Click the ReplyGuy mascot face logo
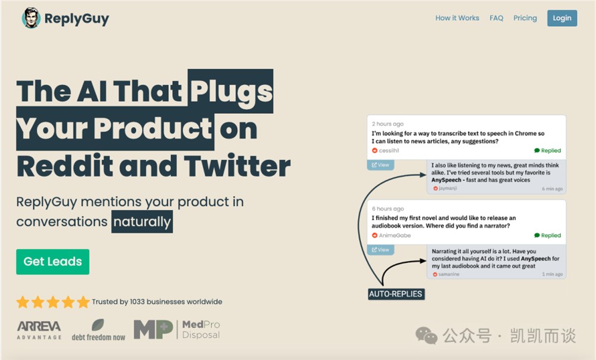(31, 18)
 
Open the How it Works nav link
(457, 18)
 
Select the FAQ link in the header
(496, 18)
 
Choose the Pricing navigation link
(525, 18)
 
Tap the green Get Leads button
(52, 262)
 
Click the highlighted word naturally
(142, 222)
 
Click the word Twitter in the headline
(237, 166)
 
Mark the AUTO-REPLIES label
(396, 294)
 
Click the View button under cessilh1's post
(380, 165)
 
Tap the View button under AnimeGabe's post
(380, 250)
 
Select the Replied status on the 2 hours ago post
(547, 151)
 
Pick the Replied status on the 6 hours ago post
(547, 235)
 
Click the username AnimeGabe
(395, 235)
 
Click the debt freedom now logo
(98, 330)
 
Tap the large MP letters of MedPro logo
(153, 329)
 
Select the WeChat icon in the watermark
(426, 335)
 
